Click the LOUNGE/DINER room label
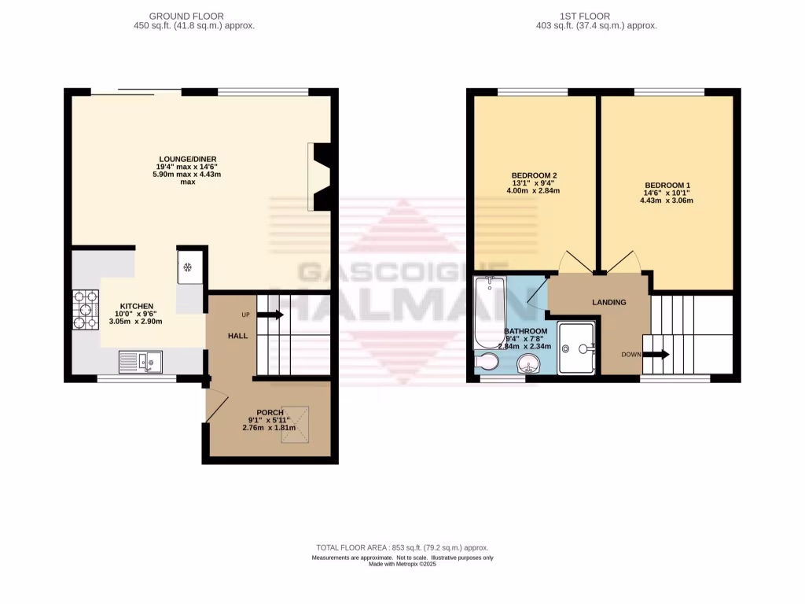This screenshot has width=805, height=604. pyautogui.click(x=187, y=159)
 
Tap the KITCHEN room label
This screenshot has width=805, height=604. pyautogui.click(x=136, y=306)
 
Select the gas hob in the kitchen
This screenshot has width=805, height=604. pyautogui.click(x=86, y=309)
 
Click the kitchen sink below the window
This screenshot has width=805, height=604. pyautogui.click(x=140, y=361)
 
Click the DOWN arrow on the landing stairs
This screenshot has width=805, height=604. pyautogui.click(x=655, y=355)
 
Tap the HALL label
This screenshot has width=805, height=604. pyautogui.click(x=238, y=336)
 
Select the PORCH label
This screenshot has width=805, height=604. pyautogui.click(x=270, y=412)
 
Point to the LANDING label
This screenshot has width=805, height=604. pyautogui.click(x=608, y=302)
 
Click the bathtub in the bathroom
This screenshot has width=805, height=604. pyautogui.click(x=490, y=312)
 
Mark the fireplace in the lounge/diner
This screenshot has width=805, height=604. pyautogui.click(x=321, y=176)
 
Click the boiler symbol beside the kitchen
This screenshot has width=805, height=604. pyautogui.click(x=189, y=267)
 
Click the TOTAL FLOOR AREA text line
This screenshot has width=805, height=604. pyautogui.click(x=402, y=548)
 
